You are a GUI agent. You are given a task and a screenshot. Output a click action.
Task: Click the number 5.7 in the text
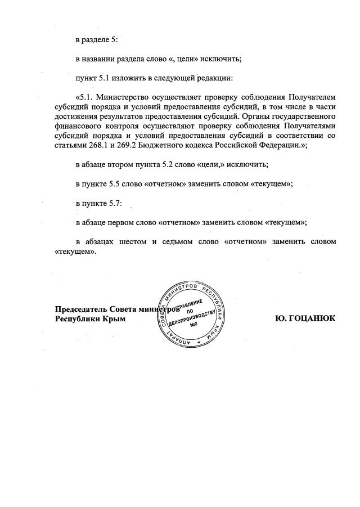click(116, 202)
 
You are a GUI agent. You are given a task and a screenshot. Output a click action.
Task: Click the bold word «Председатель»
click(81, 309)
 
